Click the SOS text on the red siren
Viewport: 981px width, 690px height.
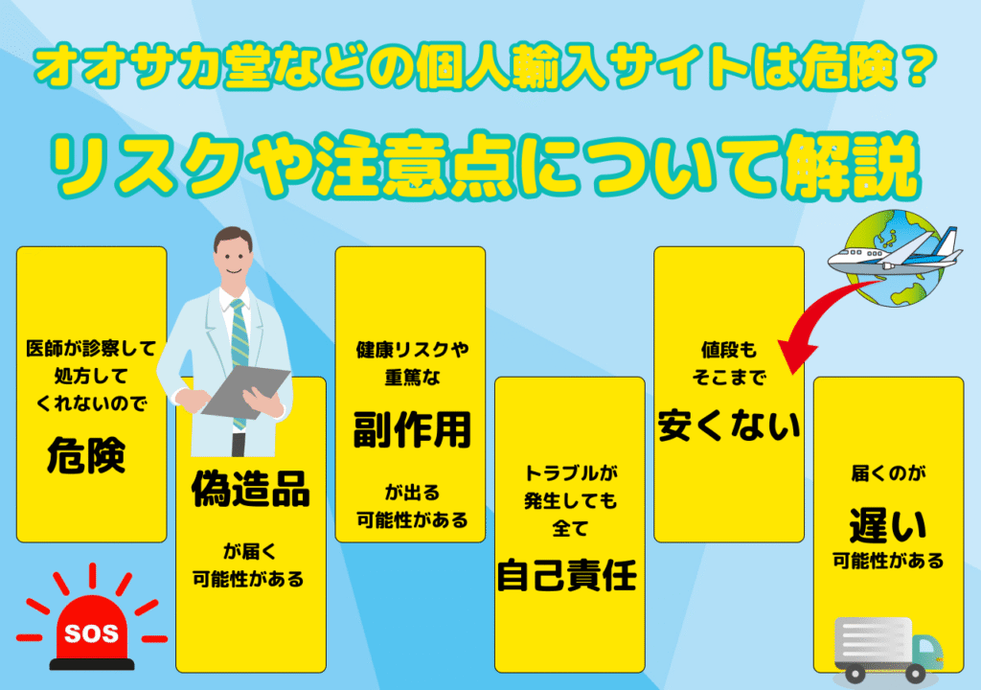point(91,633)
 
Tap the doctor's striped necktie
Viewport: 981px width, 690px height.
point(239,351)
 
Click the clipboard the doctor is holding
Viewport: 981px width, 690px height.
point(245,392)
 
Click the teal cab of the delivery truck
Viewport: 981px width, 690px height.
point(926,651)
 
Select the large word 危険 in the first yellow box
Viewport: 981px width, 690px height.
point(86,455)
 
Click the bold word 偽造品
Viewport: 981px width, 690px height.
point(250,489)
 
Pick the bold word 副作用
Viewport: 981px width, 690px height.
point(412,430)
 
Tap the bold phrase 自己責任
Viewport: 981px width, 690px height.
point(567,575)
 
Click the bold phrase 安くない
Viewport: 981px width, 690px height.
point(729,425)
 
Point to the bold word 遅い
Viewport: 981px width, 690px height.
point(888,525)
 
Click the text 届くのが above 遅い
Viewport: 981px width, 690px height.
point(888,473)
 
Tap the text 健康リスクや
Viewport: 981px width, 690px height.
point(412,350)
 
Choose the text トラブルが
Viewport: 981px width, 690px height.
point(570,472)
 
